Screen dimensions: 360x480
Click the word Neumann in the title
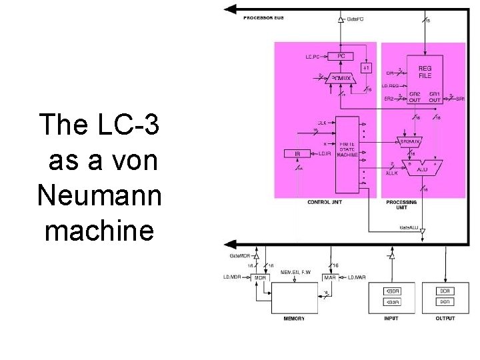(99, 195)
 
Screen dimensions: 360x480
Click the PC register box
(341, 56)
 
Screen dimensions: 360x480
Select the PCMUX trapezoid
(341, 79)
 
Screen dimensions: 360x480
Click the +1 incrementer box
(366, 68)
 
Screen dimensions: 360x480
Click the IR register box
(298, 154)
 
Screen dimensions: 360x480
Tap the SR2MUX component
(409, 141)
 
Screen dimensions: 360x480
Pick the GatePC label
(355, 19)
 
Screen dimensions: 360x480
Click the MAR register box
(329, 277)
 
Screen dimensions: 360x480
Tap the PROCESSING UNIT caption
(401, 205)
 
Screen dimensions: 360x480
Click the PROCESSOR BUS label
(263, 17)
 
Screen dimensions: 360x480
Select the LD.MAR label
(357, 277)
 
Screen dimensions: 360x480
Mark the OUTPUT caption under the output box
(444, 319)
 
